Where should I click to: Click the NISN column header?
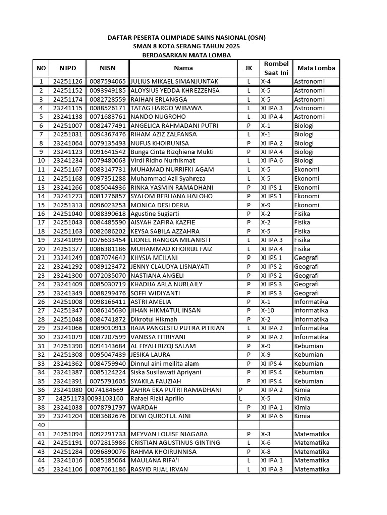(x=107, y=68)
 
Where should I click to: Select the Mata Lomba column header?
(x=316, y=68)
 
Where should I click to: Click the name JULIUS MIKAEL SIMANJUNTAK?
(x=174, y=81)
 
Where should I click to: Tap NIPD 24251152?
(x=68, y=91)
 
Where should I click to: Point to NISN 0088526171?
(x=108, y=108)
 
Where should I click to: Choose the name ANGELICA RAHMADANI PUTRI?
(x=173, y=126)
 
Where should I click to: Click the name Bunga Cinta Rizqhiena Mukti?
(x=171, y=152)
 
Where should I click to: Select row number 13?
(x=41, y=188)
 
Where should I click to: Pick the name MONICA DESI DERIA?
(x=160, y=205)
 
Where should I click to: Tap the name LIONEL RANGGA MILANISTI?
(x=170, y=240)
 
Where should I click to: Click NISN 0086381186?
(x=108, y=249)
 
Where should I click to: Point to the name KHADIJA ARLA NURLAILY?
(x=166, y=284)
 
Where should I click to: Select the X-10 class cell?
(x=267, y=311)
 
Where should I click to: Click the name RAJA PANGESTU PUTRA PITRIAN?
(x=177, y=328)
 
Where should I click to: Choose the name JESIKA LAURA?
(x=150, y=355)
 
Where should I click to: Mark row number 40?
(x=41, y=425)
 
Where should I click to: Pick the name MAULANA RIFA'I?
(x=155, y=460)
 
